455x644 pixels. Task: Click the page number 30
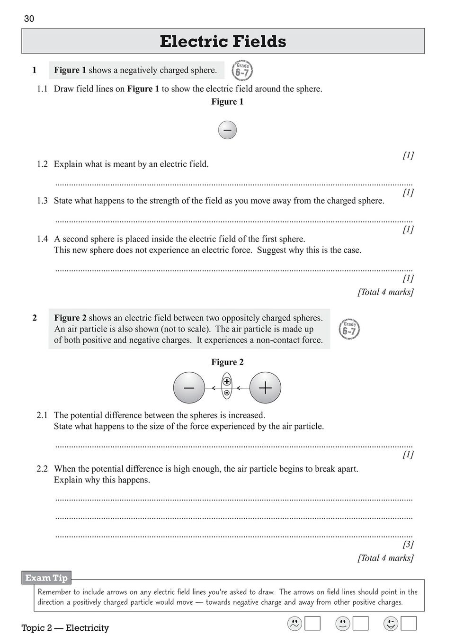point(29,19)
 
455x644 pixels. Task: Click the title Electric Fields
point(223,42)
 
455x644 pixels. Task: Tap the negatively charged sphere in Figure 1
point(227,130)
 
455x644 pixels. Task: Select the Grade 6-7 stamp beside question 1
point(242,71)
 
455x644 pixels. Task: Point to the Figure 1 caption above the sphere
point(227,101)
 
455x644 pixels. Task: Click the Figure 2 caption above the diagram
point(227,362)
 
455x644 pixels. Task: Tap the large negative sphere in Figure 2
point(189,388)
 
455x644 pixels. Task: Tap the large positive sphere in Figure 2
point(265,388)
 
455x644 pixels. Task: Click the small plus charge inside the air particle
point(227,382)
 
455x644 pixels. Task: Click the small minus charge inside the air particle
point(227,393)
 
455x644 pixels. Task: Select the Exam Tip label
point(46,578)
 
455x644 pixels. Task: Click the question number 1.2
point(42,164)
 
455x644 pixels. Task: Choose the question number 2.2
point(42,469)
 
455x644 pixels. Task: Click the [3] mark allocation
point(408,545)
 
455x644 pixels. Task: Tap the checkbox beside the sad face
point(312,624)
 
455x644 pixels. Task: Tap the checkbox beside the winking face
point(409,624)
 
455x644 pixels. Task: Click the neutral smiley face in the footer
point(343,624)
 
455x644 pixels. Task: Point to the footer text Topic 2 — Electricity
point(65,628)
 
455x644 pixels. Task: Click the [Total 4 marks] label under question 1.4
point(385,292)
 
